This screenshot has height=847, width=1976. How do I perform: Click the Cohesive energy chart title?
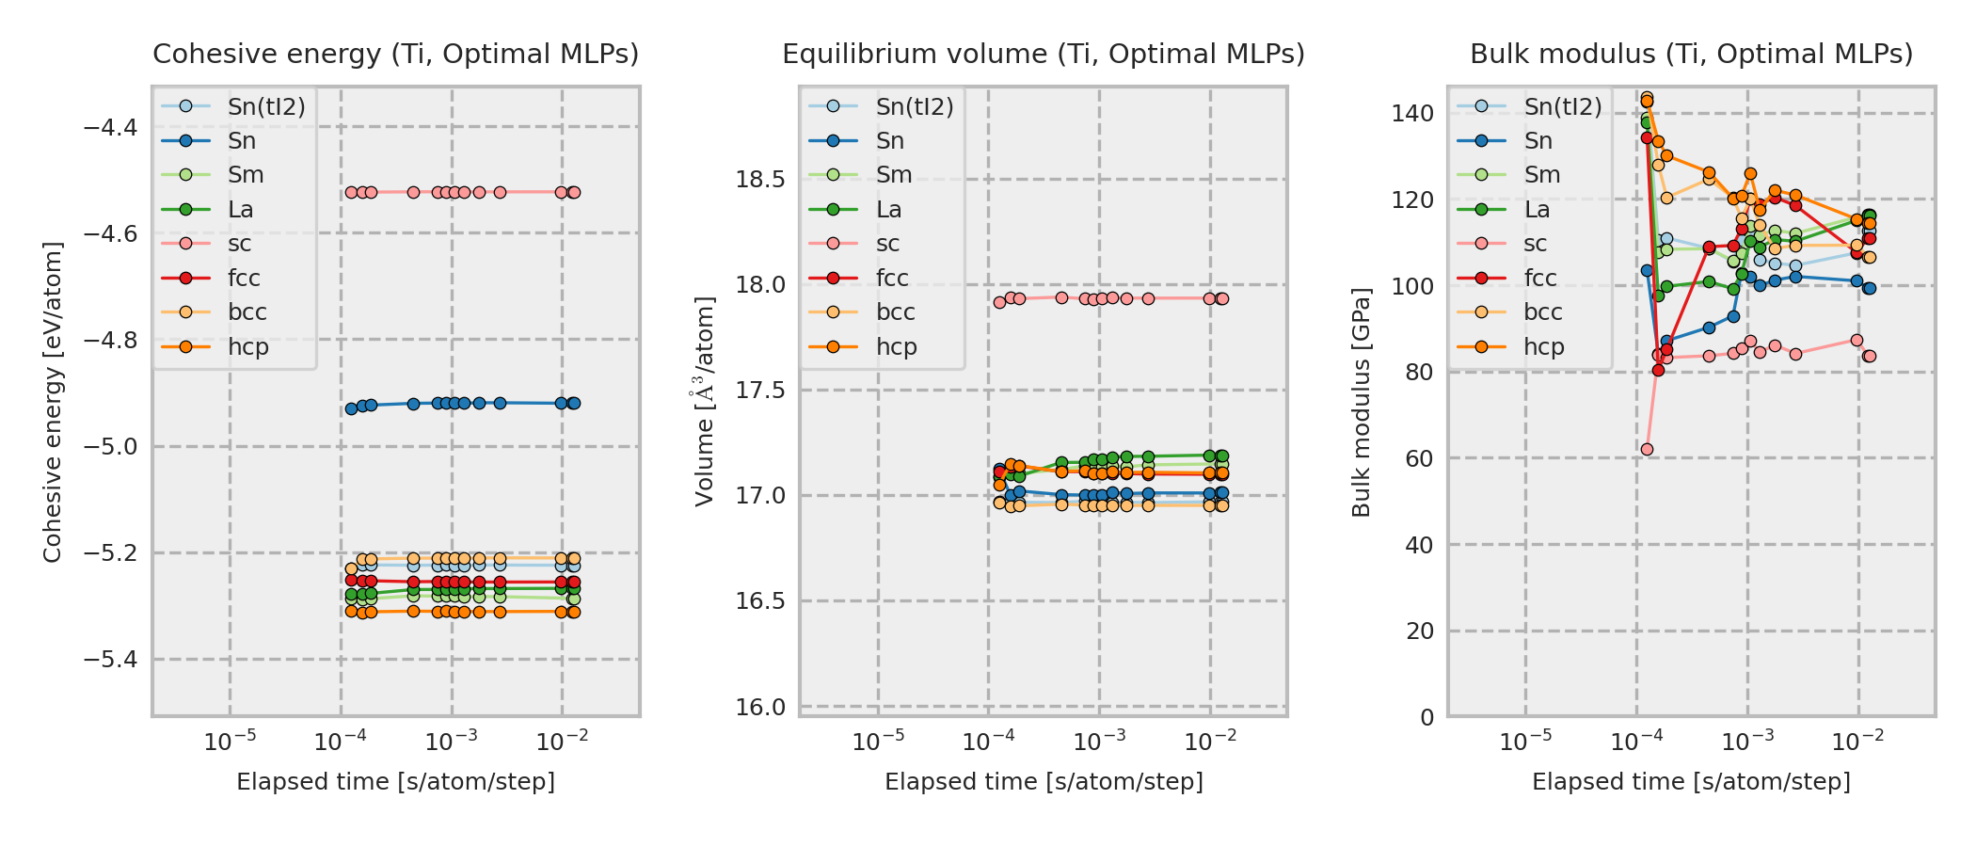395,55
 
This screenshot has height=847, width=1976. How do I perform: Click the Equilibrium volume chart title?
1044,55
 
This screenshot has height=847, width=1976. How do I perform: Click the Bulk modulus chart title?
1691,55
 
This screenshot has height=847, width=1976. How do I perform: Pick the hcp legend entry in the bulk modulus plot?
1544,347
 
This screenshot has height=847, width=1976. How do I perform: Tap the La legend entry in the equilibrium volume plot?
888,210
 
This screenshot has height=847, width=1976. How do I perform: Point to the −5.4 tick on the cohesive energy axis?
111,660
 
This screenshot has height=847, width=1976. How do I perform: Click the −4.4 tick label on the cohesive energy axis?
111,127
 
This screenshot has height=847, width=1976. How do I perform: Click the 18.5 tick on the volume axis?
760,180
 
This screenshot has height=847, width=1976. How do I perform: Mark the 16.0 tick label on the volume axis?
760,707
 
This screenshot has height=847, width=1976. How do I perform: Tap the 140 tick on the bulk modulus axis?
1412,114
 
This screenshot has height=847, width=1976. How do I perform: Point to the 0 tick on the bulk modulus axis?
1427,717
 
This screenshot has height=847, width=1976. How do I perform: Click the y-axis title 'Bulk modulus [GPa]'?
1362,403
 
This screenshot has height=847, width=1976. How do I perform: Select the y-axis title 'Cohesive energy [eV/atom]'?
53,403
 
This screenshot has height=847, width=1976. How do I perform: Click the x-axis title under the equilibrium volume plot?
1044,782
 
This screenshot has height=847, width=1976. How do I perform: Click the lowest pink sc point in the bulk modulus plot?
1647,450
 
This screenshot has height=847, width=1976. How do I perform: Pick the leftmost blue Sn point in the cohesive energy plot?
351,408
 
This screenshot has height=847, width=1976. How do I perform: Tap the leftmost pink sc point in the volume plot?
999,302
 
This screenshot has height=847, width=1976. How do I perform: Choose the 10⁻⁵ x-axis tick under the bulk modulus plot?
1526,743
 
